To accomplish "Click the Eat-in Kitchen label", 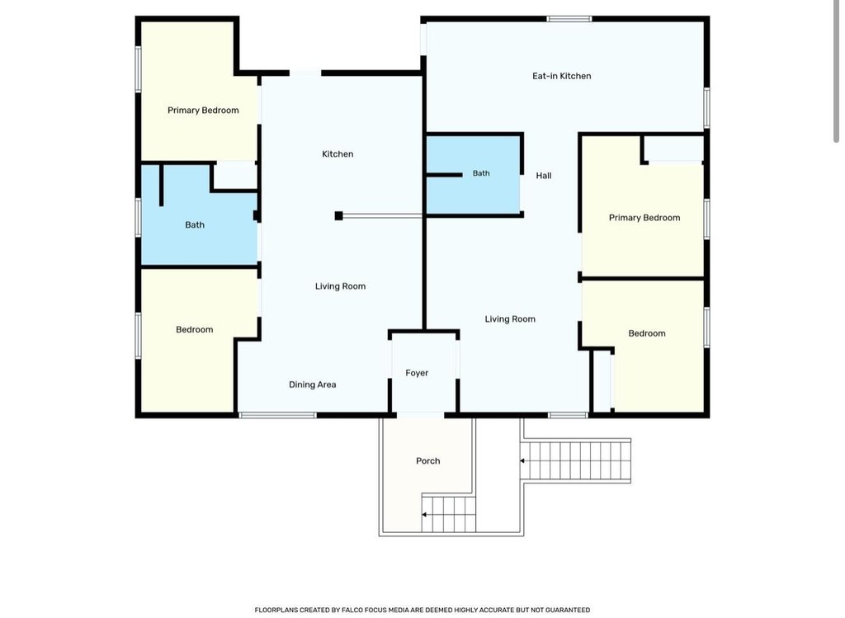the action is point(561,76).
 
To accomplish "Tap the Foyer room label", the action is point(417,373).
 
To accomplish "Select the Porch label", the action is point(428,460).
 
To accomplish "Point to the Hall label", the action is point(543,175).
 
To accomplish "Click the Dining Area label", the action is point(313,384).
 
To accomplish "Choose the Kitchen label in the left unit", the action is point(338,154).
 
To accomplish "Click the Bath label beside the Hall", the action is point(481,173).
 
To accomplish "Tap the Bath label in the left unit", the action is point(195,224).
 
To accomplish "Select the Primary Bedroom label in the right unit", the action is point(644,218).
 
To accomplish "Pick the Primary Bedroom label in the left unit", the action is point(203,111).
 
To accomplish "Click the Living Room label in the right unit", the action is point(510,319).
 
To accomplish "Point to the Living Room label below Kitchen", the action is point(340,286).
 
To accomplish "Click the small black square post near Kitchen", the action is point(338,216).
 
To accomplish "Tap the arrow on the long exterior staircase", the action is point(522,460).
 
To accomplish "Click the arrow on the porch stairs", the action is point(424,515).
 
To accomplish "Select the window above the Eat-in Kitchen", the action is point(569,19).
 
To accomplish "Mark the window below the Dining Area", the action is point(277,415).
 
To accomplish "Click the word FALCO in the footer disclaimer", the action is point(351,610).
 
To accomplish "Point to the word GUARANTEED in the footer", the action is point(568,610).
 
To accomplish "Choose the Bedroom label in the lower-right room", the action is point(647,333).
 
